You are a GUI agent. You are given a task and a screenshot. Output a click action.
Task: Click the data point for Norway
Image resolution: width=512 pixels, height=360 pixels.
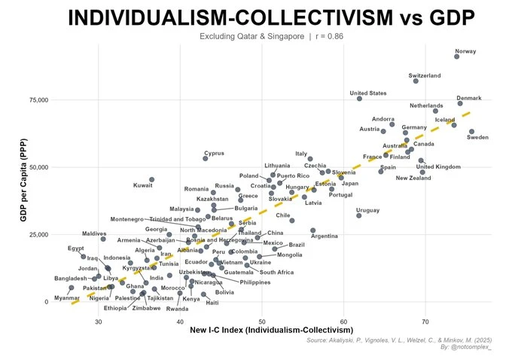(457, 56)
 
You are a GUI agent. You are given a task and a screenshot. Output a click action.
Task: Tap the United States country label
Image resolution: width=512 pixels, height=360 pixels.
(368, 93)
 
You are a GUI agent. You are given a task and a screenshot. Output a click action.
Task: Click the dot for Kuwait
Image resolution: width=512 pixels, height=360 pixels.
(152, 180)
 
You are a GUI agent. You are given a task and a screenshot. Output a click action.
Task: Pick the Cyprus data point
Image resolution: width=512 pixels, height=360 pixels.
(206, 158)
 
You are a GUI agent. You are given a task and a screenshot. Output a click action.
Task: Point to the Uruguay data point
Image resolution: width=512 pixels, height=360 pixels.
(359, 215)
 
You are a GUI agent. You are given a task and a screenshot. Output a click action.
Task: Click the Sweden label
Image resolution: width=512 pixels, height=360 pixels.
(478, 138)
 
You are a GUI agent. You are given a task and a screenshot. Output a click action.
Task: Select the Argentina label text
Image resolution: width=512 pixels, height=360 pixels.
(325, 236)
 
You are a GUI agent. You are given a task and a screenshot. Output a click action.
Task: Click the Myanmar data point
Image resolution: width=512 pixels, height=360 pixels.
(72, 288)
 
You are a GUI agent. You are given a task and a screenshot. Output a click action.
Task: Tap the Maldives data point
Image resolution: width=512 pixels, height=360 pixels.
(103, 239)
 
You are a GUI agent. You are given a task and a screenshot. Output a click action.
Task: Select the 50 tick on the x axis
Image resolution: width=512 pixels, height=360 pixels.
(262, 322)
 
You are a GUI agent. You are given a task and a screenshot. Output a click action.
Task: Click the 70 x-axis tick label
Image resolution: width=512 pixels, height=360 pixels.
(425, 322)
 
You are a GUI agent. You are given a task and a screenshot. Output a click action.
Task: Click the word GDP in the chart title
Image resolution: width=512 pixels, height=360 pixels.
(419, 18)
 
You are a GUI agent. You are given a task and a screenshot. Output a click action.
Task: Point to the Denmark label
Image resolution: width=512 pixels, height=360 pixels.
(469, 98)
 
